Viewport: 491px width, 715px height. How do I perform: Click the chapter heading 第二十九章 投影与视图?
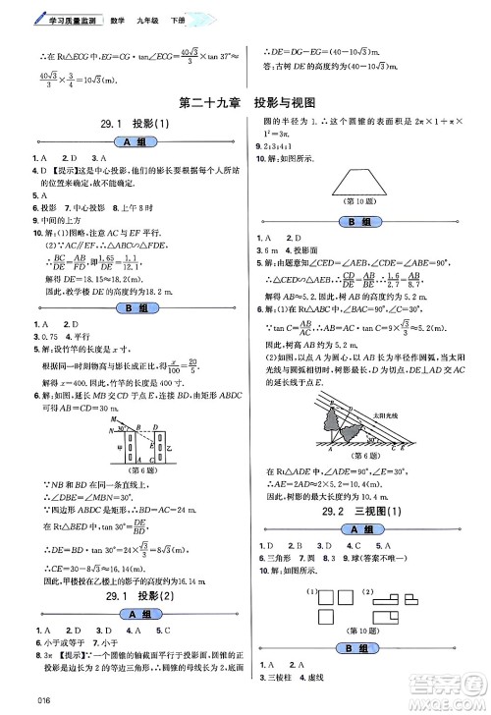point(244,101)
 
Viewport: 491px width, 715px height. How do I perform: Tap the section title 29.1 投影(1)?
point(130,123)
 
